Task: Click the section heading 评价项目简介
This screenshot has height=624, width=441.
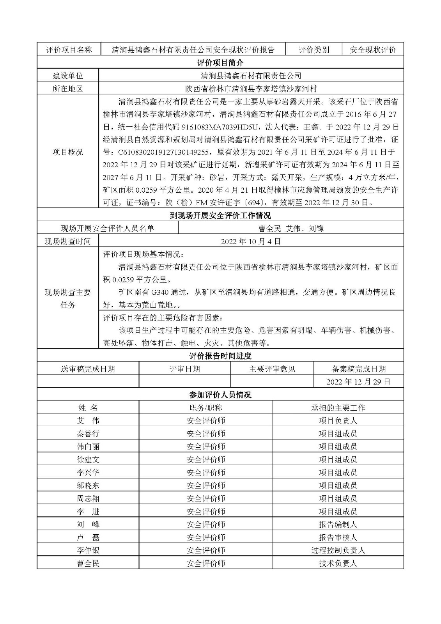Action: coord(220,63)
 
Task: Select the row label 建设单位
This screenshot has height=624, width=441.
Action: coord(68,76)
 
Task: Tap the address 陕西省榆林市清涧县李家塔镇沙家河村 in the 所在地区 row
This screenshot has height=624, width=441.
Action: coord(251,89)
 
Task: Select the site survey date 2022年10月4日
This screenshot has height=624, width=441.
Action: coord(251,241)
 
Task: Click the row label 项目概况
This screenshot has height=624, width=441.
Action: coord(68,152)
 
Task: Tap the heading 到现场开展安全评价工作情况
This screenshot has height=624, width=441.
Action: coord(220,216)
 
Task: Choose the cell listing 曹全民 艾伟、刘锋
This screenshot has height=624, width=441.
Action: coord(291,229)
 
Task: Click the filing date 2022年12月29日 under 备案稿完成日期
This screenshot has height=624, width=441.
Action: coord(358,382)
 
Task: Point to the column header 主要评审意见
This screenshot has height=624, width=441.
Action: coord(272,369)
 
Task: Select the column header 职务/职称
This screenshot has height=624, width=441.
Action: coord(205,408)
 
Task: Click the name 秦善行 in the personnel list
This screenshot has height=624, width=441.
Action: coord(88,434)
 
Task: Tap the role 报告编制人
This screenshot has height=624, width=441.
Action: coord(338,525)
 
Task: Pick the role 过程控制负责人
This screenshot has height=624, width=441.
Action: coord(338,550)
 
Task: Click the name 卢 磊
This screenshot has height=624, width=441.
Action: coord(88,537)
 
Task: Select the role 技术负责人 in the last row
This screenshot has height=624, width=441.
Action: coord(338,563)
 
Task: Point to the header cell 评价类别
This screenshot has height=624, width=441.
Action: coord(314,50)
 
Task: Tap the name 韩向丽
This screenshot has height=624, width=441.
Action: coord(88,447)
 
